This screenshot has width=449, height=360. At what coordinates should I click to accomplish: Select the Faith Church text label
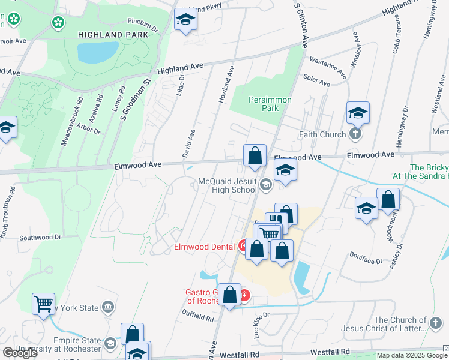(324, 134)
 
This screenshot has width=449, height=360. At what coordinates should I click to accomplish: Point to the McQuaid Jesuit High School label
(228, 185)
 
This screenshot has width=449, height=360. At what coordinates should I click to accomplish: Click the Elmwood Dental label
(204, 246)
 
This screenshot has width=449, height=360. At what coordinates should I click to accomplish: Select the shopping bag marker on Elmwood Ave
(255, 155)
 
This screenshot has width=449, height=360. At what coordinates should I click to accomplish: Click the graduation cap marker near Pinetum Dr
(186, 20)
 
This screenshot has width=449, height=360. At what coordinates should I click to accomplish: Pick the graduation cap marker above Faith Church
(358, 113)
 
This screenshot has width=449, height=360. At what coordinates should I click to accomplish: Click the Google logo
(20, 353)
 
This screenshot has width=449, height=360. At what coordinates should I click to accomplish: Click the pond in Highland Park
(98, 53)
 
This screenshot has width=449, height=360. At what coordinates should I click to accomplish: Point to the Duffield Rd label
(198, 316)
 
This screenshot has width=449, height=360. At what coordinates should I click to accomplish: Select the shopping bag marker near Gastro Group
(230, 295)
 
